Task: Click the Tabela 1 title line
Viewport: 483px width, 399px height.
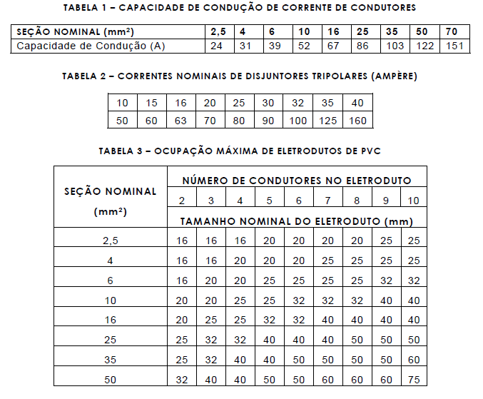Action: pyautogui.click(x=239, y=7)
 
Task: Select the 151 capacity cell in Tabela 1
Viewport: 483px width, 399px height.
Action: pyautogui.click(x=455, y=46)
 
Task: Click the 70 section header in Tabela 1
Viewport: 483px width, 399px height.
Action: pyautogui.click(x=452, y=33)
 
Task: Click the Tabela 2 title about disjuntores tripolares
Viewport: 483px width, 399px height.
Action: pyautogui.click(x=240, y=76)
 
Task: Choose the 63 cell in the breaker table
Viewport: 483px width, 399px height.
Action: pyautogui.click(x=181, y=121)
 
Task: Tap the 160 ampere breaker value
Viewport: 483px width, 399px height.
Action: pyautogui.click(x=357, y=121)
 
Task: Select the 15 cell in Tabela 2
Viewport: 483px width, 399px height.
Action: pyautogui.click(x=151, y=103)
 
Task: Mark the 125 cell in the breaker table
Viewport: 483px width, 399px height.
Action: pyautogui.click(x=328, y=121)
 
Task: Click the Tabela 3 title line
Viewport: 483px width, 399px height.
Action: pyautogui.click(x=238, y=151)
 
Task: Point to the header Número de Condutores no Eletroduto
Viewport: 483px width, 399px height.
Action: pyautogui.click(x=296, y=181)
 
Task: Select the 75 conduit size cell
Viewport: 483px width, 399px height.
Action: pyautogui.click(x=414, y=380)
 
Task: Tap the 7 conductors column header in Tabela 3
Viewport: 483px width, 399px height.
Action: pyautogui.click(x=327, y=201)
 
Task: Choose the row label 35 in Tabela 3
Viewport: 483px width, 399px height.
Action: pyautogui.click(x=110, y=360)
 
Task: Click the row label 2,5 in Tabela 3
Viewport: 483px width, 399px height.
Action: pyautogui.click(x=110, y=241)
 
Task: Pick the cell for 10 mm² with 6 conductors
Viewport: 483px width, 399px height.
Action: pyautogui.click(x=298, y=300)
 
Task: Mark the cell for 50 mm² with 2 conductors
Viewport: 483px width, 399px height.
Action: pyautogui.click(x=182, y=380)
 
